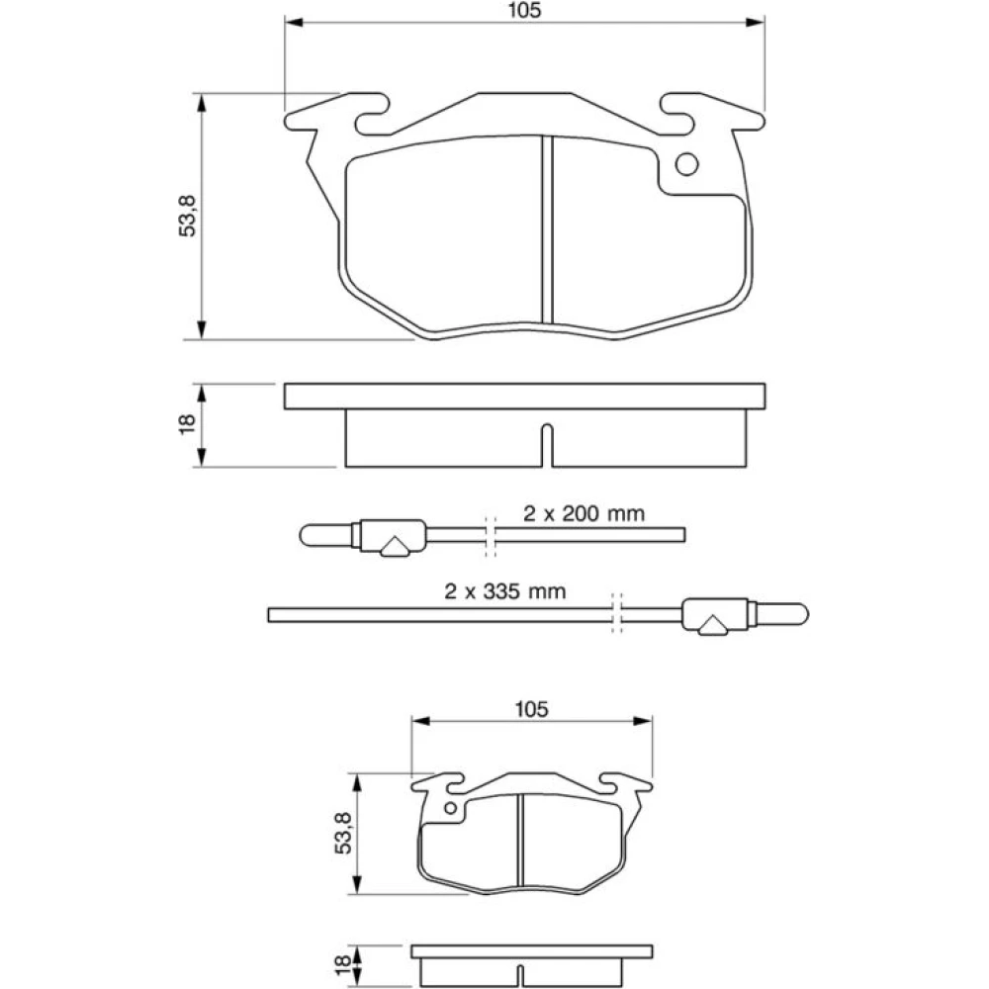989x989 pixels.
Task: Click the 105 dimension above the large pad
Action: pyautogui.click(x=524, y=10)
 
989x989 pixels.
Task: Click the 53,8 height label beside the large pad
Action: pyautogui.click(x=188, y=216)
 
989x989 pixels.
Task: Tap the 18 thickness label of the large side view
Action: pyautogui.click(x=187, y=424)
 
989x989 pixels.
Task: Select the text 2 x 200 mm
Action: pyautogui.click(x=584, y=513)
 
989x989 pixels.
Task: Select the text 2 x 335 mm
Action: pyautogui.click(x=505, y=591)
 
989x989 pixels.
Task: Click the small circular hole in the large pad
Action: pyautogui.click(x=687, y=164)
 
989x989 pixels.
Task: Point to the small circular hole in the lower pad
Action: pyautogui.click(x=450, y=808)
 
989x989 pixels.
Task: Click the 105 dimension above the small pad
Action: pyautogui.click(x=532, y=709)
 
